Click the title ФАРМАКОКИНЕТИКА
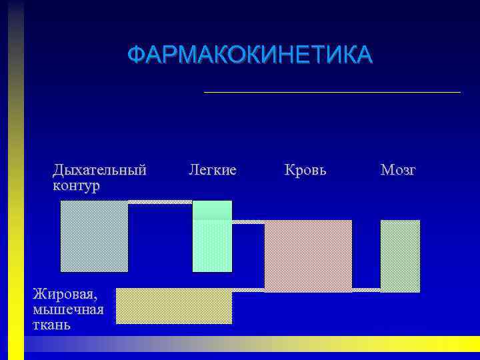(x=250, y=55)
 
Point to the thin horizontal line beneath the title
(x=332, y=91)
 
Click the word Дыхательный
(x=99, y=170)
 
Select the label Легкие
(x=213, y=170)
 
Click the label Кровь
(x=305, y=170)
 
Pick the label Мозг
(x=398, y=170)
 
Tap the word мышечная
(x=67, y=309)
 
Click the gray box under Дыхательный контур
(x=94, y=236)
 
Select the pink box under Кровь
(x=308, y=255)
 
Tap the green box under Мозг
(x=400, y=255)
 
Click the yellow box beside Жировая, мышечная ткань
(x=174, y=307)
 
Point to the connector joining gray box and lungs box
(x=160, y=201)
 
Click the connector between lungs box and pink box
(x=248, y=222)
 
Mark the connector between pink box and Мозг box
(x=366, y=289)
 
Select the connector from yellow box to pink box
(x=248, y=289)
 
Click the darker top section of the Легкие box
(x=212, y=210)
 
